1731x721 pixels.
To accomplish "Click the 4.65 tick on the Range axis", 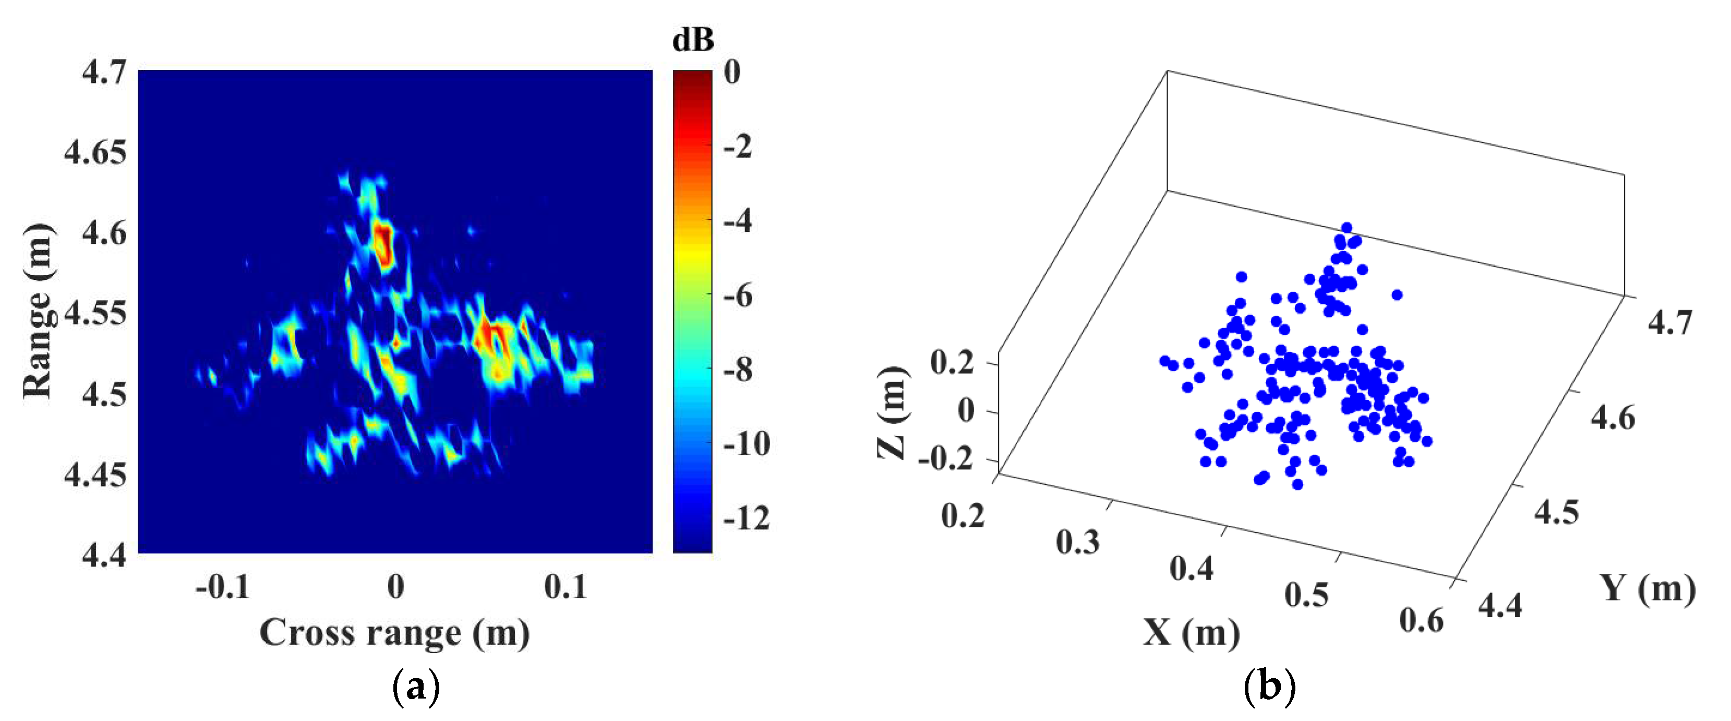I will [95, 152].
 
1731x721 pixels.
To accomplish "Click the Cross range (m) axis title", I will [394, 633].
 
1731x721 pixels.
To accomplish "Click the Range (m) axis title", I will [38, 311].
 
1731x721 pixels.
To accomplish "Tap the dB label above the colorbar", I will [693, 40].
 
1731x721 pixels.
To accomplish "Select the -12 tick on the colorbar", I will [746, 518].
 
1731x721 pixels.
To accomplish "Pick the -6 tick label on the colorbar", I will [738, 296].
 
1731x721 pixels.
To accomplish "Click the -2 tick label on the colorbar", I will [738, 146].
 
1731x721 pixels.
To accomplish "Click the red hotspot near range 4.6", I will [383, 245].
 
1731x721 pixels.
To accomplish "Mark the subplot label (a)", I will [416, 688].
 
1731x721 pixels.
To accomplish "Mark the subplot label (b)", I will [1269, 688].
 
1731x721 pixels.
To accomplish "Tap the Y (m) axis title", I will [1647, 588].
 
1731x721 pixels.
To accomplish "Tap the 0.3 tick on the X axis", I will [1078, 542].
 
